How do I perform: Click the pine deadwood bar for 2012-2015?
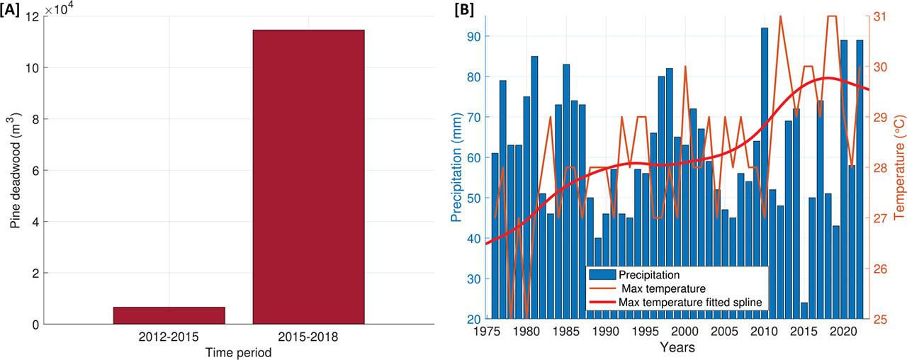tap(169, 316)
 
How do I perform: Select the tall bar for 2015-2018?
tap(308, 177)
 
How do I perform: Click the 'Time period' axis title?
tap(238, 352)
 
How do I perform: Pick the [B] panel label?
tap(465, 9)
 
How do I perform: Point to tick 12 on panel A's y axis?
tap(33, 16)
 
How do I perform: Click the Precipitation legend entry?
tap(650, 274)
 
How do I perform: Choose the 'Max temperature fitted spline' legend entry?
tap(689, 302)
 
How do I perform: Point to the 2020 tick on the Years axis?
tap(844, 331)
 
